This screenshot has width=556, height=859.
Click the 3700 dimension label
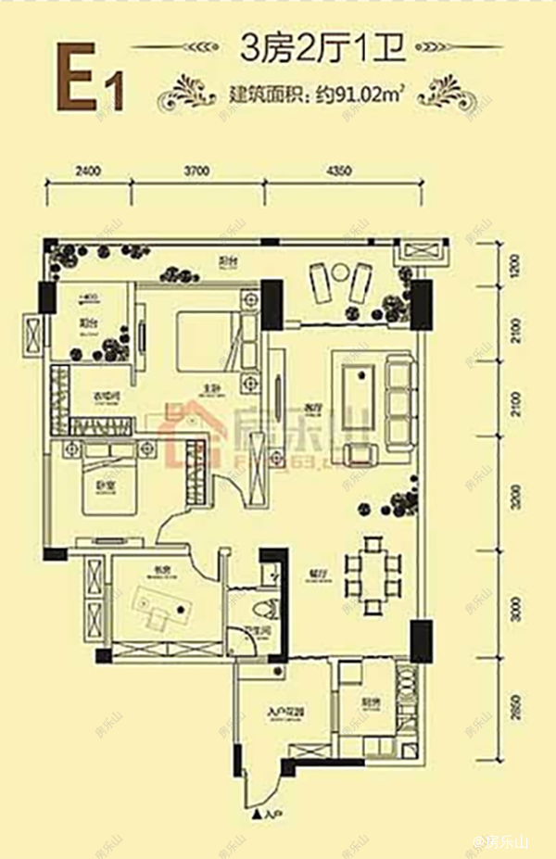point(196,171)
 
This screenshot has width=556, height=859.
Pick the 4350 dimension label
point(341,171)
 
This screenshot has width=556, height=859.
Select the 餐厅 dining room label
point(318,575)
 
